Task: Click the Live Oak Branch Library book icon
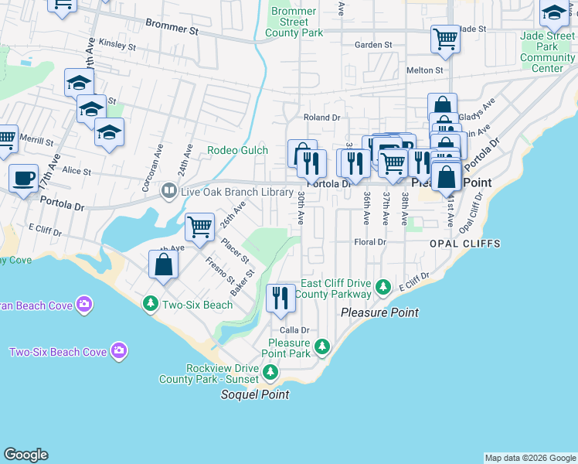tap(168, 190)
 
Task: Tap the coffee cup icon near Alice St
tap(23, 178)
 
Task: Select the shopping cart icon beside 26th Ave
tap(199, 227)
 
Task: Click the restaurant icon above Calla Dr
tap(280, 298)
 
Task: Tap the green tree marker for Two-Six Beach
tap(149, 305)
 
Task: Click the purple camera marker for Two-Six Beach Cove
tap(118, 352)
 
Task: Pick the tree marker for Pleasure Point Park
tap(322, 348)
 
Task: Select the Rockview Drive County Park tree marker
tap(270, 374)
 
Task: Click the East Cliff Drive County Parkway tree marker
tap(382, 288)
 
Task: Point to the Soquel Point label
tap(255, 394)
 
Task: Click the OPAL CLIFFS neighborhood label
tap(465, 244)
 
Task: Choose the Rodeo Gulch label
tap(237, 150)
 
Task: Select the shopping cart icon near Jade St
tap(446, 38)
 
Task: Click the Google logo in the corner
tap(25, 455)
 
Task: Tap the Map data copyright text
tap(530, 458)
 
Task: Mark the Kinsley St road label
tap(117, 46)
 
